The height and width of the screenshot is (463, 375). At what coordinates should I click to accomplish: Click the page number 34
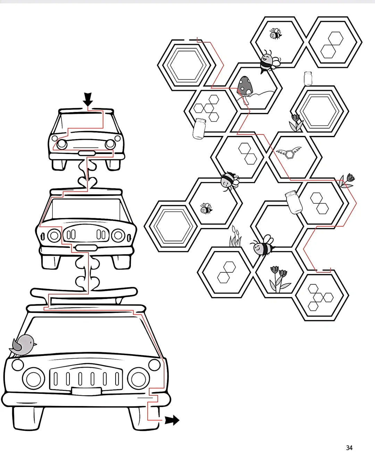tap(349, 448)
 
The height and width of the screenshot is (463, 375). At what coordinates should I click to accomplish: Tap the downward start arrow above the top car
tap(88, 99)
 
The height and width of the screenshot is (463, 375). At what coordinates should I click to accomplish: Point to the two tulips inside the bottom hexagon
tap(279, 279)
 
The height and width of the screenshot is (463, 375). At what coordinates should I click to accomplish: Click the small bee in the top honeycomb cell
tap(275, 34)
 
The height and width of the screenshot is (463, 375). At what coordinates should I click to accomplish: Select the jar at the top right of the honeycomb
tap(308, 79)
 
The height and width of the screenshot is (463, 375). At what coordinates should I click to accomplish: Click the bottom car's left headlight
tap(33, 378)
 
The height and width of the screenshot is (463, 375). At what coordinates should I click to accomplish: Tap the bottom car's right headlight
tap(138, 378)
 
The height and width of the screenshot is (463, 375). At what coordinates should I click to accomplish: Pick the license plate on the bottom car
tap(86, 391)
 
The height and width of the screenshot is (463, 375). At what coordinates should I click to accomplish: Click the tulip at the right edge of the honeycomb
tap(347, 181)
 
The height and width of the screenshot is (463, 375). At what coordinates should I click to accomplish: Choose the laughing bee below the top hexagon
tap(269, 62)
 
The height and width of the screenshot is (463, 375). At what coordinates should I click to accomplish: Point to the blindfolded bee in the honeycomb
tap(229, 181)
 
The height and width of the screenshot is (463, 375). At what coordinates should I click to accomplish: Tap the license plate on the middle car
tap(86, 247)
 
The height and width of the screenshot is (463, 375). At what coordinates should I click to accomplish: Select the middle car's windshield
tap(86, 209)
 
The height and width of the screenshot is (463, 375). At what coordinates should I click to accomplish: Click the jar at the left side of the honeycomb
tap(199, 129)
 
